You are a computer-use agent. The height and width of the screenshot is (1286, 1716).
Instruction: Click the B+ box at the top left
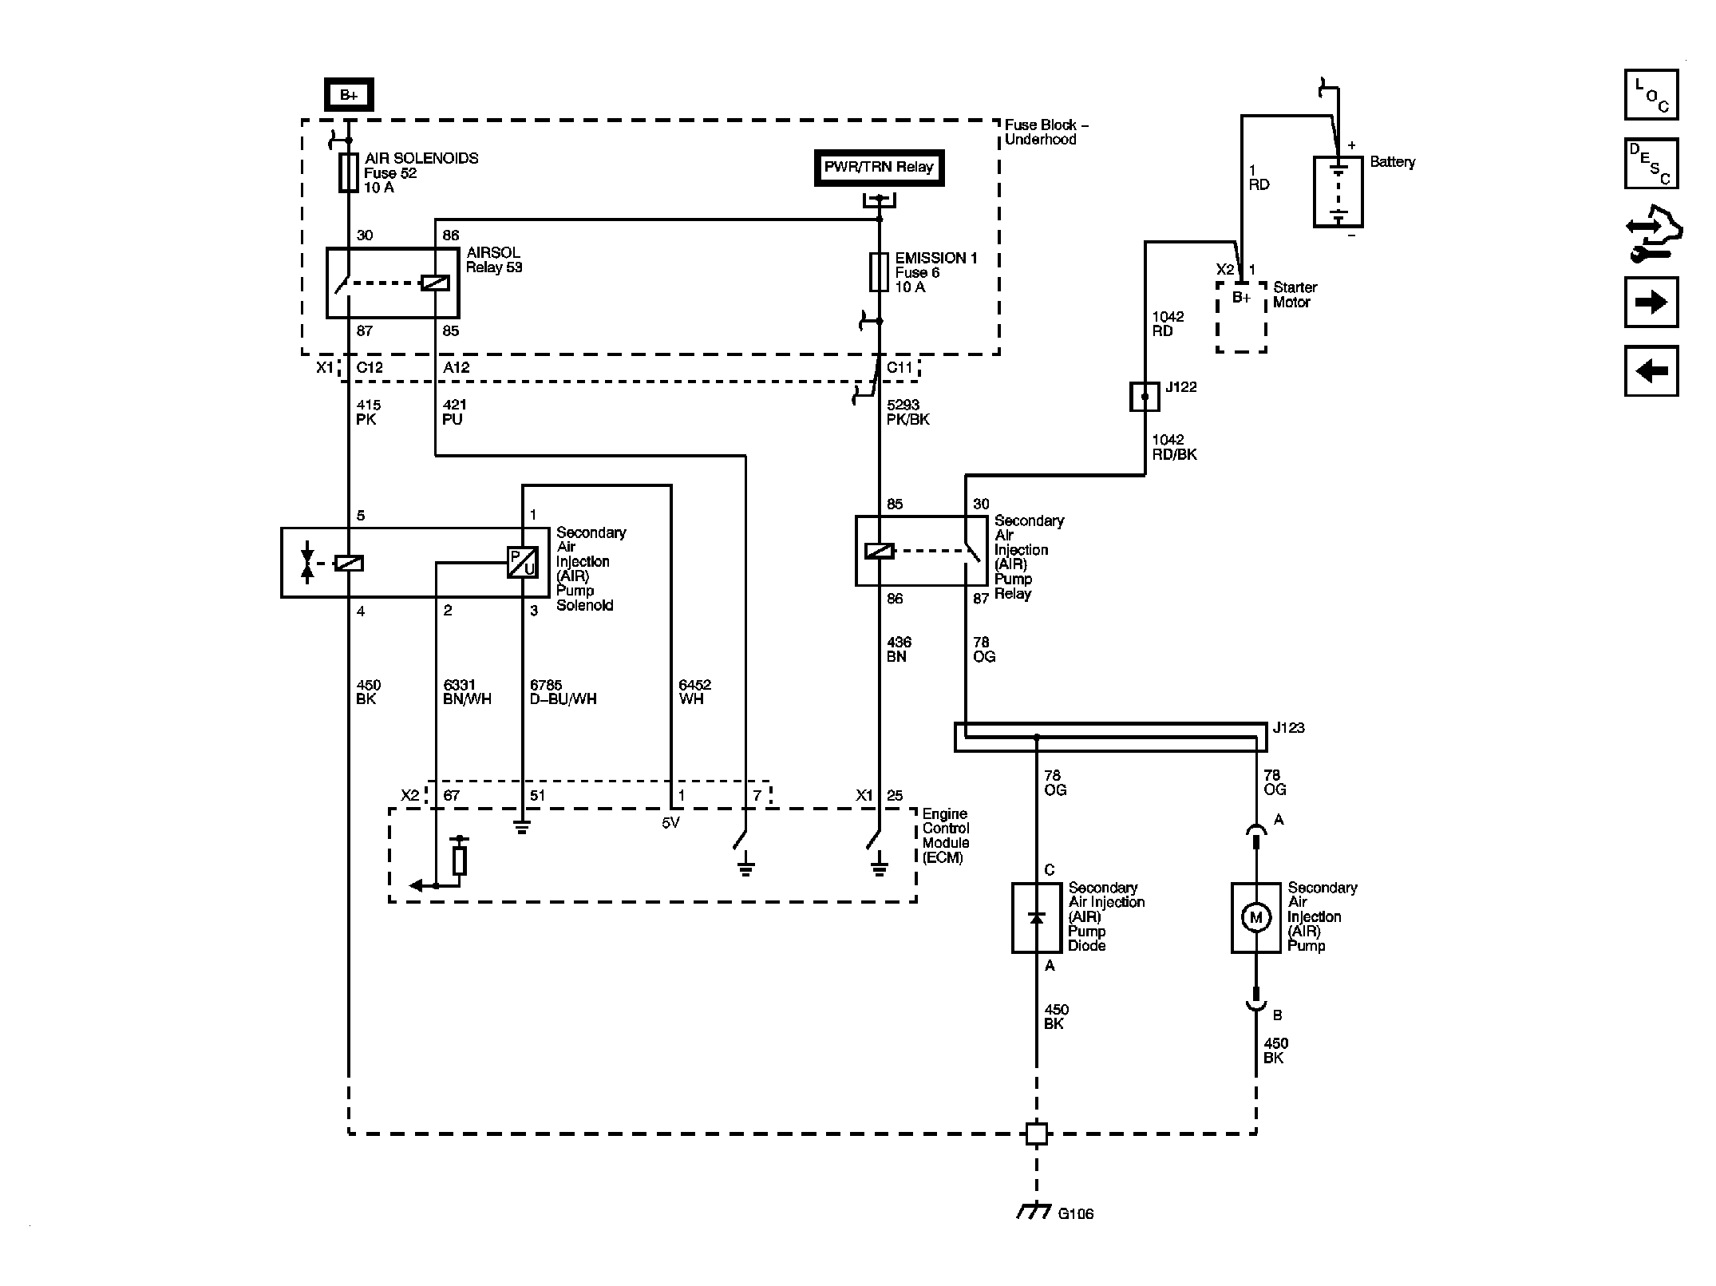coord(349,95)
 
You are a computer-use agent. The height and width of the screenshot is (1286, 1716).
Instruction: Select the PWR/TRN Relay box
coord(879,168)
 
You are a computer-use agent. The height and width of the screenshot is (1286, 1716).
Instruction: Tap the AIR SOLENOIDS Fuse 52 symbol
coord(348,172)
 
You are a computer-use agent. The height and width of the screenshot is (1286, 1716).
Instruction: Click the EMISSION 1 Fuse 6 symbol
coord(879,272)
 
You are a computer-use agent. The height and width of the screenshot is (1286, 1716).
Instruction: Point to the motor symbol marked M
coord(1255,917)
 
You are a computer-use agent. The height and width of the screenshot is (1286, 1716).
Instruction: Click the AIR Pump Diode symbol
coord(1037,917)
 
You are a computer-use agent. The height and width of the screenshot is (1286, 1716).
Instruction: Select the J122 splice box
coord(1145,397)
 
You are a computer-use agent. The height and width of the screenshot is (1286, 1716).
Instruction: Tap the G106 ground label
coord(1075,1213)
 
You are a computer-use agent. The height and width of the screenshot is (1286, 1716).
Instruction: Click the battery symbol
coord(1338,192)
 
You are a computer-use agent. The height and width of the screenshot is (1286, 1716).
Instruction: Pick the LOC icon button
coord(1651,95)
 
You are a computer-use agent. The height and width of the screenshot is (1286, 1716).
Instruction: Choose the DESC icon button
coord(1651,164)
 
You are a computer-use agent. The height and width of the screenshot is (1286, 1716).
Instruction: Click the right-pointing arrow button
coord(1651,303)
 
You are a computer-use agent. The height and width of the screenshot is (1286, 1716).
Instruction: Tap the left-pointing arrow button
coord(1651,371)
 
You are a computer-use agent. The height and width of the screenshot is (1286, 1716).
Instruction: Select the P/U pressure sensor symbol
coord(523,563)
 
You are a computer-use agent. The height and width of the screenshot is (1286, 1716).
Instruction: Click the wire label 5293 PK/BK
coord(908,412)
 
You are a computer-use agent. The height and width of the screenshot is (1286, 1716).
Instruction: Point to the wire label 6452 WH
coord(694,691)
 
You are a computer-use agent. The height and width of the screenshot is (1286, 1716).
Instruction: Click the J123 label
coord(1288,728)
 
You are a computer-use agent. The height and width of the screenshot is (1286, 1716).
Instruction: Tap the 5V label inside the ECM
coord(670,823)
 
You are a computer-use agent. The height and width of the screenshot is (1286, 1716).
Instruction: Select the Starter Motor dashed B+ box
coord(1241,316)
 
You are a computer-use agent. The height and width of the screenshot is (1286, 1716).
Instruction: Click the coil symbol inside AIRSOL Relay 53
coord(435,283)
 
